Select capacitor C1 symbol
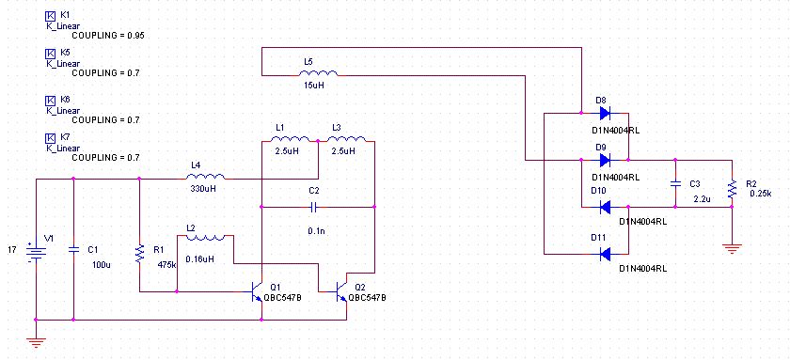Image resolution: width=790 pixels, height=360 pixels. click(x=73, y=250)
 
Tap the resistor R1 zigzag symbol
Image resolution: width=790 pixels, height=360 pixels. click(x=139, y=254)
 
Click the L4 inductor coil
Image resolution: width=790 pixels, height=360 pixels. click(x=206, y=176)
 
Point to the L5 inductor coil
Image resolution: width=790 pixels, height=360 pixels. click(x=319, y=73)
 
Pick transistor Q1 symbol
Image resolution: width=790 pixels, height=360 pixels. click(x=257, y=291)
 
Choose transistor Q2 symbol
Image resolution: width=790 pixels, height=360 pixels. click(x=341, y=291)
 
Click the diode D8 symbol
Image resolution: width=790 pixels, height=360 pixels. click(x=605, y=113)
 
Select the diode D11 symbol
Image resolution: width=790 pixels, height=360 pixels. click(x=605, y=255)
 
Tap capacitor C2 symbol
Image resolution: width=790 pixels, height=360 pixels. click(x=313, y=207)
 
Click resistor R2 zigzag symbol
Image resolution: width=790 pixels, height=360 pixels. click(x=732, y=189)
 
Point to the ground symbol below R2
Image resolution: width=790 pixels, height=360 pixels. click(x=732, y=248)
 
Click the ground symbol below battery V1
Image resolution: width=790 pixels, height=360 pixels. click(x=36, y=343)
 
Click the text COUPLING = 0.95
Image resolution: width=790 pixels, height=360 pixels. click(x=108, y=36)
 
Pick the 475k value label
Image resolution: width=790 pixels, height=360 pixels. click(x=166, y=264)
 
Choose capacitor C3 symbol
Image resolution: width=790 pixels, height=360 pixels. click(x=675, y=184)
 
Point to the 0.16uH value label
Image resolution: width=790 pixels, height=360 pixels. click(x=199, y=259)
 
